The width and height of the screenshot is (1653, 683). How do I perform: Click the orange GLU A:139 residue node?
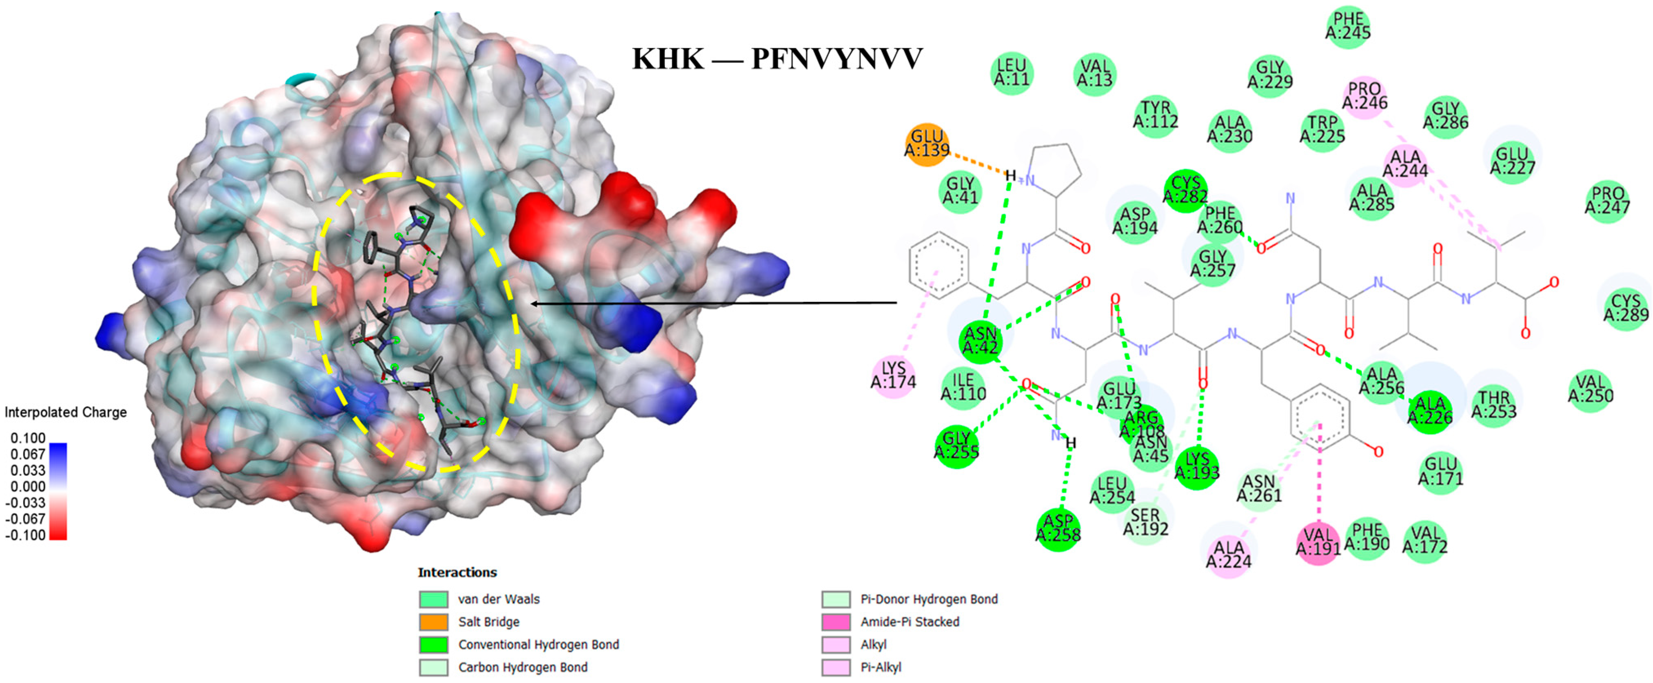pyautogui.click(x=927, y=144)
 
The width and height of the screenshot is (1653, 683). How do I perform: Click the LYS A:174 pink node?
pyautogui.click(x=893, y=375)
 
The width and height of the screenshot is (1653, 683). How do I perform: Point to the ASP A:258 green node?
pyautogui.click(x=1058, y=528)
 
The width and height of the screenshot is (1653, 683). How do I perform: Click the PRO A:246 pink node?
pyautogui.click(x=1364, y=96)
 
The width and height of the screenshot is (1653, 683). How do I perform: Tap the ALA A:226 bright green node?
pyautogui.click(x=1430, y=411)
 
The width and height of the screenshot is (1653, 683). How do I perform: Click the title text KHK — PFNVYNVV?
pyautogui.click(x=777, y=59)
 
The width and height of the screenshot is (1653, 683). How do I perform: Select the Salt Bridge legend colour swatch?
pyautogui.click(x=433, y=621)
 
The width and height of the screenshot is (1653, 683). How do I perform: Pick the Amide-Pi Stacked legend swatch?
pyautogui.click(x=836, y=621)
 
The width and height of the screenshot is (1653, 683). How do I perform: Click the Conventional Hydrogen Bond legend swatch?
pyautogui.click(x=433, y=644)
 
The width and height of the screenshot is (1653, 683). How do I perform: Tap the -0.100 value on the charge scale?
pyautogui.click(x=26, y=535)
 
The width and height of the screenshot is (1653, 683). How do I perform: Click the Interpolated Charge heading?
pyautogui.click(x=65, y=412)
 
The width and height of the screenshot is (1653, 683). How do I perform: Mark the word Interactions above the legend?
pyautogui.click(x=457, y=572)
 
